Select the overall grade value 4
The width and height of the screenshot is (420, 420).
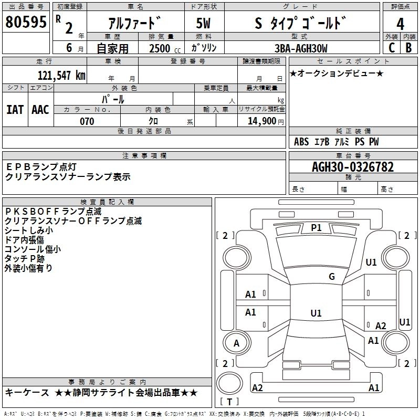click(401, 24)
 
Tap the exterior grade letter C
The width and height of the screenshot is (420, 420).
click(392, 48)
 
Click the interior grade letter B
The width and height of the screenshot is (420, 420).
click(408, 48)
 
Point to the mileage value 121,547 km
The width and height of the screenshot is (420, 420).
click(61, 75)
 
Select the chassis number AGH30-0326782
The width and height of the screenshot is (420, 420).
click(352, 167)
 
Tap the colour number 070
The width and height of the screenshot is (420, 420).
click(87, 121)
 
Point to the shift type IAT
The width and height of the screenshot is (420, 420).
click(15, 109)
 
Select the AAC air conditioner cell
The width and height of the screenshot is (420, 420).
click(40, 109)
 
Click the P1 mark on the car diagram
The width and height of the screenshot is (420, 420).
click(316, 227)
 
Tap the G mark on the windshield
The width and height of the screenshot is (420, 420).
click(331, 276)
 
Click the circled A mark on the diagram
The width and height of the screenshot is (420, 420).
click(236, 343)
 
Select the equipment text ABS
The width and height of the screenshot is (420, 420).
click(301, 142)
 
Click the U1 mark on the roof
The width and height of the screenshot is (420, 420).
click(316, 313)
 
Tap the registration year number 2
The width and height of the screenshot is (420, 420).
click(69, 27)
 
